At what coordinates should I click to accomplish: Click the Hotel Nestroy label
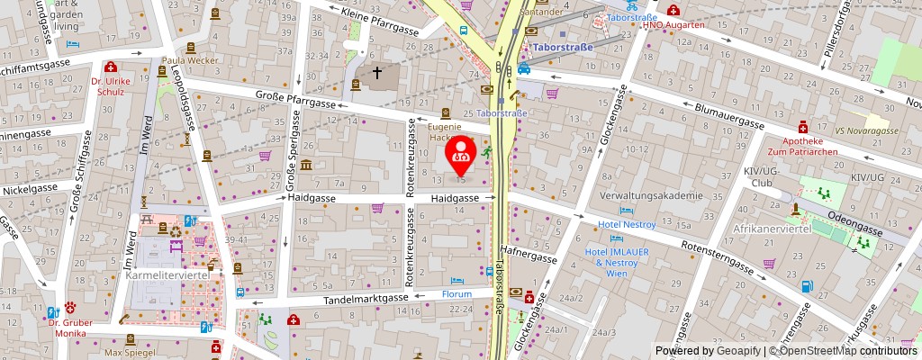pyautogui.click(x=627, y=224)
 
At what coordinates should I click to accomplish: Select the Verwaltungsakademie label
pyautogui.click(x=651, y=195)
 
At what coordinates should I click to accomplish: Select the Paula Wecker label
pyautogui.click(x=192, y=61)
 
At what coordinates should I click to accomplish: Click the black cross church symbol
pyautogui.click(x=377, y=71)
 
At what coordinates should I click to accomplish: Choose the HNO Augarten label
pyautogui.click(x=673, y=24)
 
